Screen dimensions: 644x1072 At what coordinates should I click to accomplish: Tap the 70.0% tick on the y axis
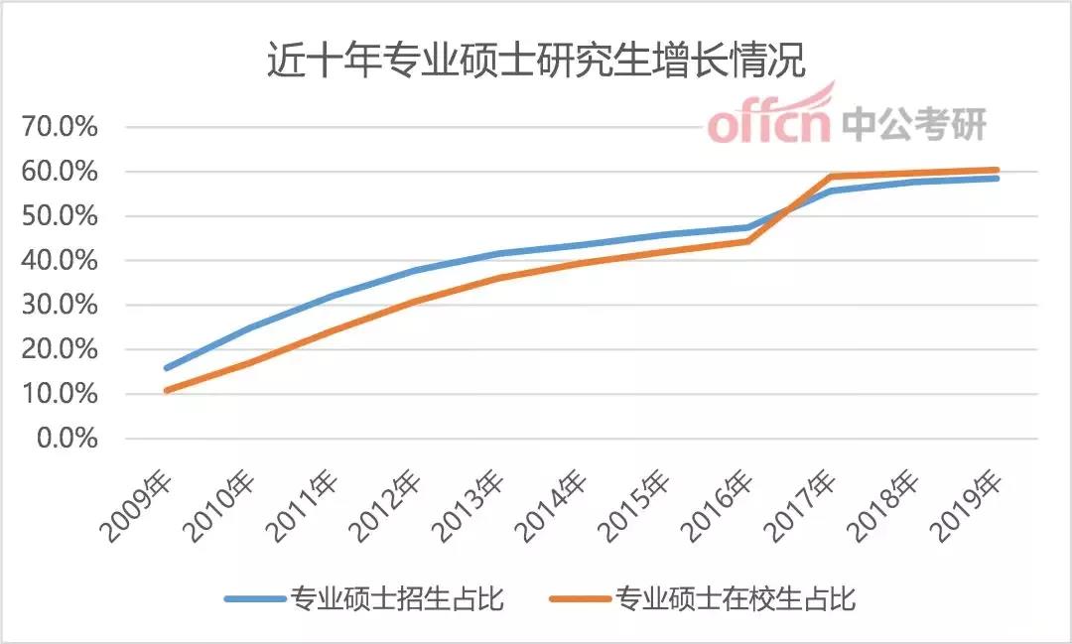pos(66,127)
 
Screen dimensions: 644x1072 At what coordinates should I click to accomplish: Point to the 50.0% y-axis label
pos(66,216)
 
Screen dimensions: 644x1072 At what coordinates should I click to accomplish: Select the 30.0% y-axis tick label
pos(66,306)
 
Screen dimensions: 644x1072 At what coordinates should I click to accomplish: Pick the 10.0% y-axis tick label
pos(66,394)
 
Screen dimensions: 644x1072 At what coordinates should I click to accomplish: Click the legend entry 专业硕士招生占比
pos(397,598)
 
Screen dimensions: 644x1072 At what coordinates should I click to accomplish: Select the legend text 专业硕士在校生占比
pos(736,598)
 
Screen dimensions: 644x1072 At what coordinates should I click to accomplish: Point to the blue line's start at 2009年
pos(166,368)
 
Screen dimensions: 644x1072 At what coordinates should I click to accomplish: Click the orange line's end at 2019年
pos(997,170)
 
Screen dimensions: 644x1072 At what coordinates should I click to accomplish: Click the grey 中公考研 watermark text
pos(914,125)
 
